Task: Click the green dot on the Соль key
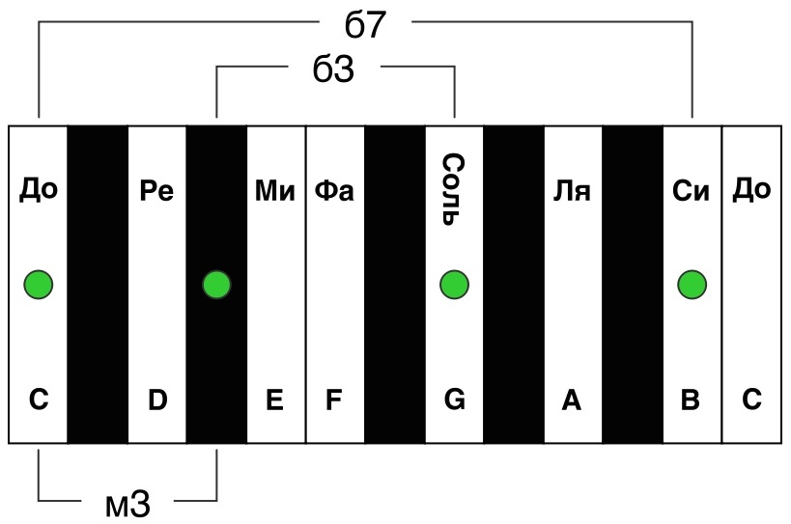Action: (x=454, y=285)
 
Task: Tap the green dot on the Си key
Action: (x=692, y=285)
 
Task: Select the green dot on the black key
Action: (x=216, y=285)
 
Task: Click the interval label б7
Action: (x=365, y=24)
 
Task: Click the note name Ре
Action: (x=156, y=190)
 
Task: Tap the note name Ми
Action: (x=275, y=190)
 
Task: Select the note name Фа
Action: (x=334, y=190)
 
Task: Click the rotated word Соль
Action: (x=453, y=189)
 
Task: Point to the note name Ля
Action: (x=572, y=190)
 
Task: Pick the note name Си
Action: (x=691, y=190)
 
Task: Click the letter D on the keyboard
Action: (x=157, y=400)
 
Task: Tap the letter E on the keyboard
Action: (x=274, y=400)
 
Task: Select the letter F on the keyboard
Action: (x=334, y=400)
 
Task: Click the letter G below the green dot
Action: (x=455, y=400)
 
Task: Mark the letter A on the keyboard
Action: (x=572, y=400)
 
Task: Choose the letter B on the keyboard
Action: (x=691, y=400)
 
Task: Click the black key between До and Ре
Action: (x=98, y=285)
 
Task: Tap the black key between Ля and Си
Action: (x=633, y=285)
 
